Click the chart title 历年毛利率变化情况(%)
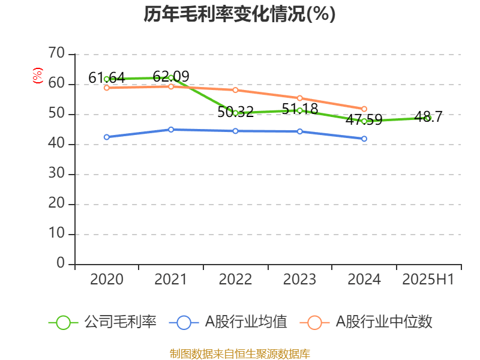click(x=239, y=14)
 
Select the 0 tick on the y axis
click(x=60, y=263)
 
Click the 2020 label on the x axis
click(x=106, y=280)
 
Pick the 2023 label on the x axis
click(x=299, y=280)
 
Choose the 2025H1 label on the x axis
click(x=428, y=280)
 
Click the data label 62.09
click(x=171, y=76)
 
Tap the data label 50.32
click(x=235, y=112)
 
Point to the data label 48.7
click(x=428, y=116)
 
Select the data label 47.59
click(x=364, y=119)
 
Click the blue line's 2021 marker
click(x=171, y=129)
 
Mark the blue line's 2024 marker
click(x=364, y=139)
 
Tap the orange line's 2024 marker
click(x=364, y=109)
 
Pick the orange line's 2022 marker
click(x=235, y=90)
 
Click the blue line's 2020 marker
click(x=106, y=137)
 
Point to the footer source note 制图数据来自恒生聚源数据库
click(x=239, y=353)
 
